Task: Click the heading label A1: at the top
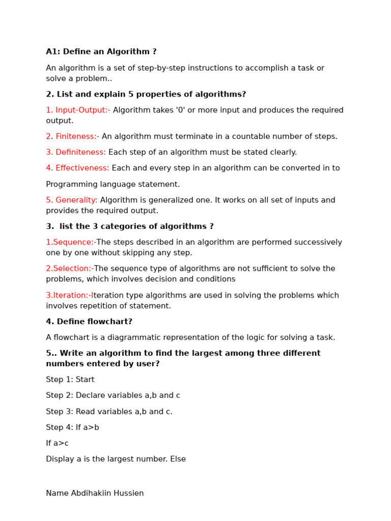point(53,52)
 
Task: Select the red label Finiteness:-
point(77,136)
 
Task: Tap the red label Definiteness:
point(80,152)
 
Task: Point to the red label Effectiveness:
point(82,168)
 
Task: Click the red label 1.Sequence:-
point(71,242)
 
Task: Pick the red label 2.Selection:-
point(70,269)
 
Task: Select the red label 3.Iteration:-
point(69,295)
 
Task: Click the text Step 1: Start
point(70,380)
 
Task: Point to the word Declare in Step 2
point(90,395)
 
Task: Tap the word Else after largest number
point(178,459)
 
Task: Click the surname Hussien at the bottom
point(129,493)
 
